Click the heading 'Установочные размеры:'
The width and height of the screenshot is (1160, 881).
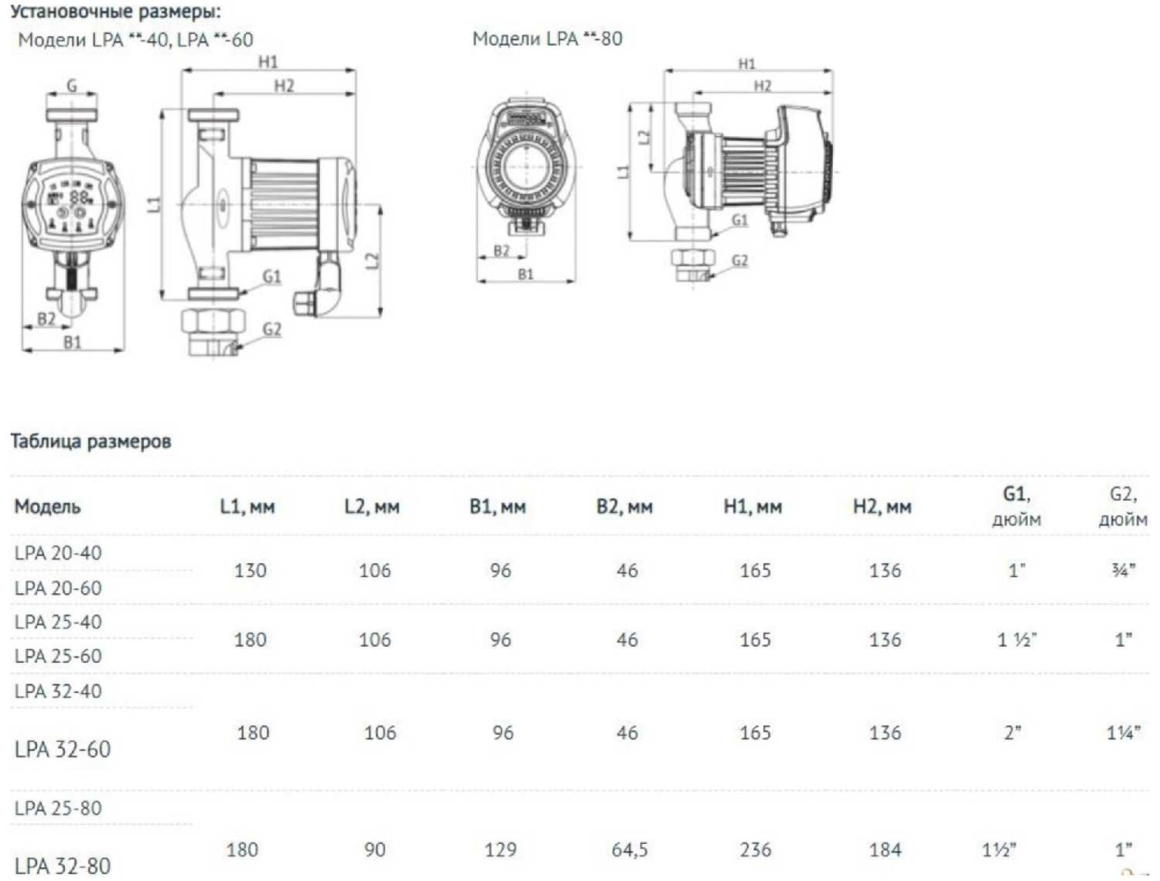116,12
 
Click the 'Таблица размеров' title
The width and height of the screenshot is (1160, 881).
91,441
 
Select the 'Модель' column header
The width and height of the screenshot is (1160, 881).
48,507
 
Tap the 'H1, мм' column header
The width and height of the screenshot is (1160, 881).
752,507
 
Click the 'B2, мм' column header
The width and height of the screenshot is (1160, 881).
625,507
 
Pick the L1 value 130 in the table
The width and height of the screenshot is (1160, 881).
250,570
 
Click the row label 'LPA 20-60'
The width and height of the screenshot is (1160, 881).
58,588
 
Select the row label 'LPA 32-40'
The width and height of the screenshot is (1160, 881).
58,691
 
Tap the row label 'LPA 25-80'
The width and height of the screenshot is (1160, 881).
58,808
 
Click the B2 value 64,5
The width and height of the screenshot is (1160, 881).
629,849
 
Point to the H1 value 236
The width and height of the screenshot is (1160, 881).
756,849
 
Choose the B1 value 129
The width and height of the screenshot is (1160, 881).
500,849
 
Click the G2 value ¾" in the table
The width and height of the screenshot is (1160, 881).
1123,570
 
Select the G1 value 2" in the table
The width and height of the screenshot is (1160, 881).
1012,732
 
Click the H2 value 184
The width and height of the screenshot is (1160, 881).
885,849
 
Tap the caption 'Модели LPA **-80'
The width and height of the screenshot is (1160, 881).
548,39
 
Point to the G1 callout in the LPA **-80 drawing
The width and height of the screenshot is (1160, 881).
740,220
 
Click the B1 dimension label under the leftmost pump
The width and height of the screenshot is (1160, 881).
73,343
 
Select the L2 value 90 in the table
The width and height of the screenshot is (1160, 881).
375,849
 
